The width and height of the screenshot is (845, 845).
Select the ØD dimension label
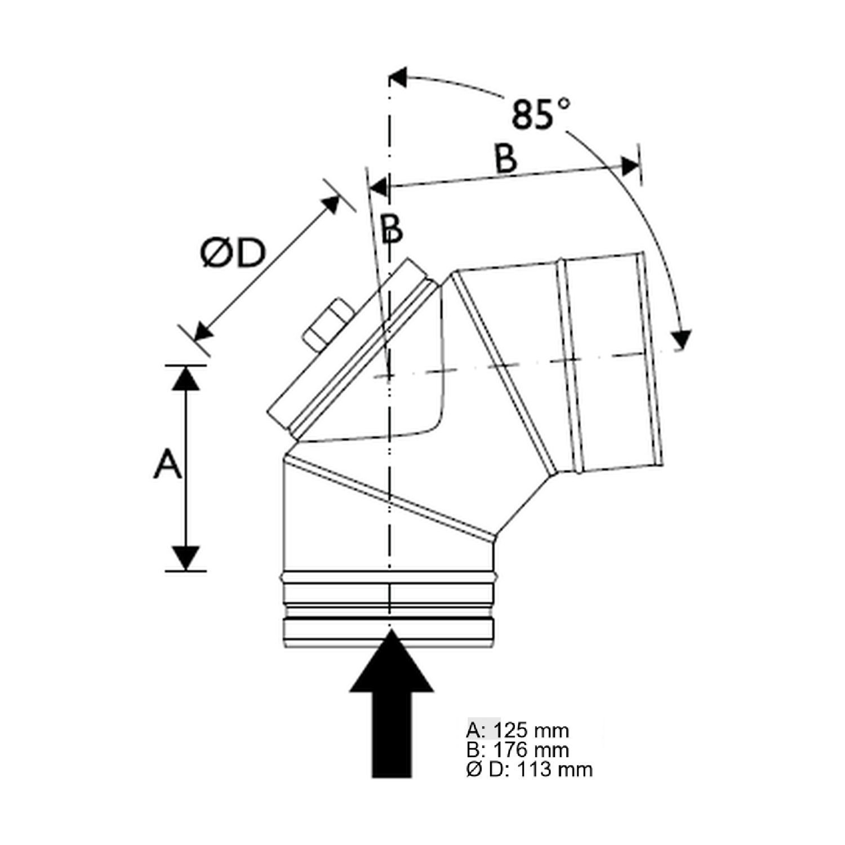tap(233, 253)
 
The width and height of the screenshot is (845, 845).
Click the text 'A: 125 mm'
tap(517, 731)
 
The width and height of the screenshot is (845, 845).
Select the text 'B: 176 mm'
tap(517, 750)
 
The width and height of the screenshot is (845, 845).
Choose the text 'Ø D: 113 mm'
tap(529, 769)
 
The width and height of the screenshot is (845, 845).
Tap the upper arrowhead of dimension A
tap(186, 378)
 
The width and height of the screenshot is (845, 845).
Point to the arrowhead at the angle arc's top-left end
tap(399, 77)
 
